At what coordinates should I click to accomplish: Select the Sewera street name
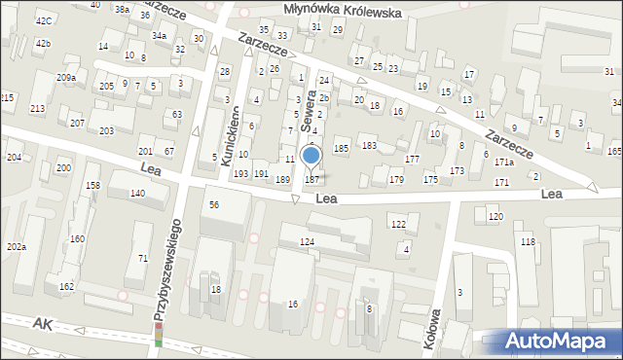(x=309, y=111)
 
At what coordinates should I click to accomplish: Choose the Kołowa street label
(x=435, y=332)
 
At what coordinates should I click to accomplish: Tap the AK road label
(x=41, y=322)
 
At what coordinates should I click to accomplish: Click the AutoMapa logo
(x=561, y=341)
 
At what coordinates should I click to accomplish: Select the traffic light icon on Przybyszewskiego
(x=159, y=335)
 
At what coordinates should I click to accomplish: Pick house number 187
(x=311, y=179)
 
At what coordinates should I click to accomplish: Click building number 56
(x=213, y=204)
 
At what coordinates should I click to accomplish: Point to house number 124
(x=308, y=241)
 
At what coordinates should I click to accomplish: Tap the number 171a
(x=503, y=162)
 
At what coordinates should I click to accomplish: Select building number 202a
(x=16, y=247)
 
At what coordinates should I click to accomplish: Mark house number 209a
(x=66, y=77)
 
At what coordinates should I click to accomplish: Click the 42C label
(x=43, y=20)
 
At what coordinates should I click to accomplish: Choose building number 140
(x=137, y=194)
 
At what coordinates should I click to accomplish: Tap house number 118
(x=528, y=241)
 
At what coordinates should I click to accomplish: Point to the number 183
(x=369, y=145)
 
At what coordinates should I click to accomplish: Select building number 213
(x=37, y=108)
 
